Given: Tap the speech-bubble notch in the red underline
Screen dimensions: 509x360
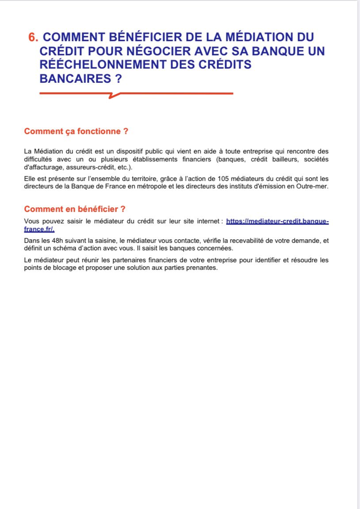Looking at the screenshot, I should (x=114, y=95).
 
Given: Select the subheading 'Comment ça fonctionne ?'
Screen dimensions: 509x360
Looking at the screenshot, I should (x=76, y=131).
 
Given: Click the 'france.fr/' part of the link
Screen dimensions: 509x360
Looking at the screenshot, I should (x=39, y=230).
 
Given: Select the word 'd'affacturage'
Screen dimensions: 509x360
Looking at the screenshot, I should (x=43, y=168).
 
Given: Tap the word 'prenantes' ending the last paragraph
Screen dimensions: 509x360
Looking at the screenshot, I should (x=203, y=268).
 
